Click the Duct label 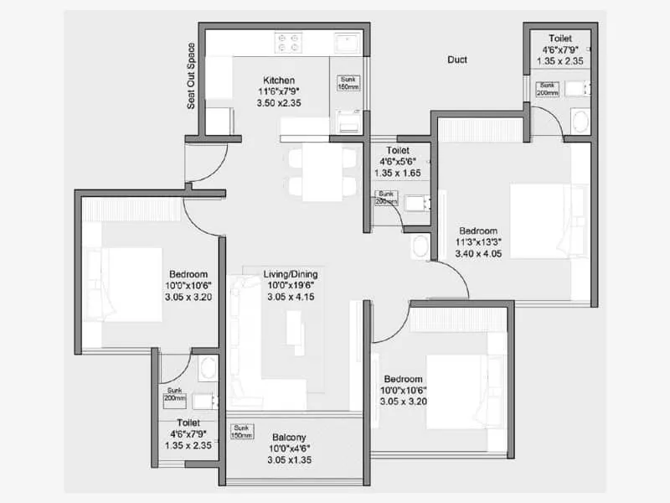(x=456, y=60)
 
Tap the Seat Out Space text (x=191, y=76)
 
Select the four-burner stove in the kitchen (x=290, y=43)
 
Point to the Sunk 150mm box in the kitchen (x=348, y=82)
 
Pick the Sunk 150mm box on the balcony (x=242, y=431)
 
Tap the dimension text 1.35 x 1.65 (x=397, y=174)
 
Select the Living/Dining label (x=291, y=274)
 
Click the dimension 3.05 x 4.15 (x=291, y=297)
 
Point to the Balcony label (x=289, y=438)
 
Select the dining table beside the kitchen (x=322, y=172)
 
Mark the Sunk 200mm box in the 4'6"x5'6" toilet (x=387, y=198)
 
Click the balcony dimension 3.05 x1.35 (x=289, y=460)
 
